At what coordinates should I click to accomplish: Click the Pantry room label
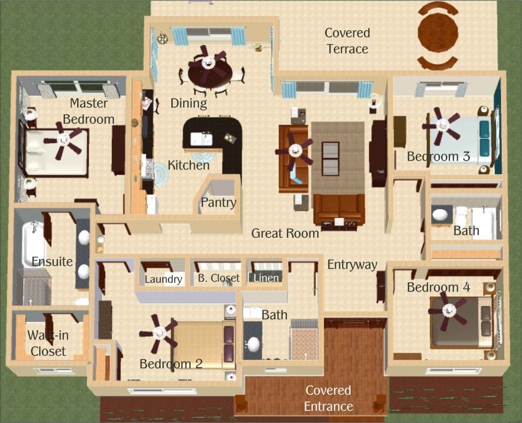pyautogui.click(x=219, y=202)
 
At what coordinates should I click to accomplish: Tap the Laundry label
pyautogui.click(x=163, y=279)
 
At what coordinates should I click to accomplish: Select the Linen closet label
pyautogui.click(x=266, y=277)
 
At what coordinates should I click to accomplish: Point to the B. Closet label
pyautogui.click(x=218, y=277)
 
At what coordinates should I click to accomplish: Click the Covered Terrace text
pyautogui.click(x=347, y=41)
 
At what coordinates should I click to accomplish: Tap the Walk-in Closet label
pyautogui.click(x=48, y=343)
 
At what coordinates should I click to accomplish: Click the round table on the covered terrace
pyautogui.click(x=438, y=32)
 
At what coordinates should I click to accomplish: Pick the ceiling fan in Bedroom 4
pyautogui.click(x=448, y=310)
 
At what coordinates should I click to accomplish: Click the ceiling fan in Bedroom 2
pyautogui.click(x=159, y=333)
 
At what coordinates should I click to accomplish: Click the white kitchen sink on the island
pyautogui.click(x=201, y=139)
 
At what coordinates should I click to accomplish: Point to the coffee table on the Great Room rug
pyautogui.click(x=330, y=159)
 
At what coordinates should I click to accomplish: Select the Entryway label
pyautogui.click(x=352, y=265)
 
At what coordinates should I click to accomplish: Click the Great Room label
pyautogui.click(x=286, y=233)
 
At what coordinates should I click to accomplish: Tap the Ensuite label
pyautogui.click(x=52, y=261)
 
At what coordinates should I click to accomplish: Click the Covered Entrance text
pyautogui.click(x=328, y=398)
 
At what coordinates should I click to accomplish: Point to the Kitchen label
pyautogui.click(x=188, y=165)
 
